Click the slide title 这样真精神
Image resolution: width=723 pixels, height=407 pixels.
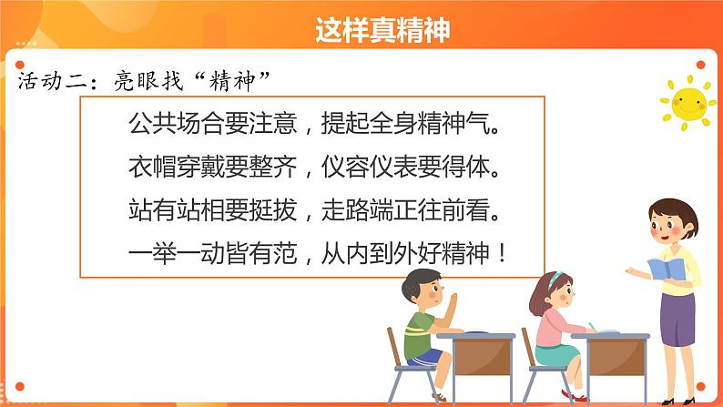tap(382, 31)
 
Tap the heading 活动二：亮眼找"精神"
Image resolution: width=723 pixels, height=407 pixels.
tap(146, 80)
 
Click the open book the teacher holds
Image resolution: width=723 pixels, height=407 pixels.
tap(666, 270)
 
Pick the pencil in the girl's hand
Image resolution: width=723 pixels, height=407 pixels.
tap(592, 324)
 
